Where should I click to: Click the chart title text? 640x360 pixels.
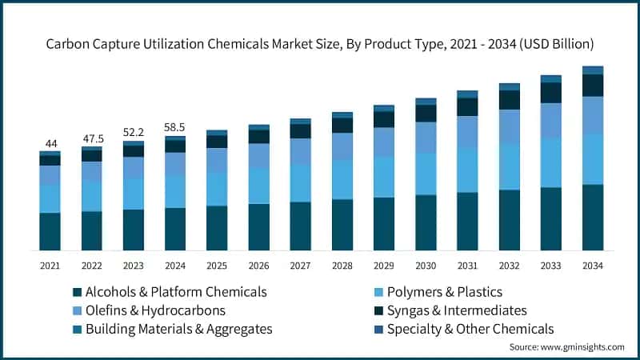[x=320, y=42]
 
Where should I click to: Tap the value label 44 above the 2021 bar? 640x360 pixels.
[x=50, y=142]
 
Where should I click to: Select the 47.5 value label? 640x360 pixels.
[x=91, y=138]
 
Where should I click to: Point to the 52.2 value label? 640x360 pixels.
[x=133, y=132]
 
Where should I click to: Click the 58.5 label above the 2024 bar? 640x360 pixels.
[x=174, y=126]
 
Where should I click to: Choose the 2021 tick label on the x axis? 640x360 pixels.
[x=50, y=266]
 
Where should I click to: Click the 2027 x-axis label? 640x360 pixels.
[x=300, y=266]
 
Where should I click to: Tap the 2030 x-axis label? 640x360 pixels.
[x=426, y=266]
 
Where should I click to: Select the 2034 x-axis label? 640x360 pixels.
[x=592, y=266]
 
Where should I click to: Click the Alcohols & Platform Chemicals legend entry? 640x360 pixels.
[x=168, y=292]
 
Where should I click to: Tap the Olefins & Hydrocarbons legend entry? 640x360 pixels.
[x=148, y=310]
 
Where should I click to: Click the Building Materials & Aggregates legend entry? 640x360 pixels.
[x=171, y=329]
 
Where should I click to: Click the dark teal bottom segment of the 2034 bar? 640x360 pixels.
[x=592, y=218]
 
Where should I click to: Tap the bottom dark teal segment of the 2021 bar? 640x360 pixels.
[x=50, y=232]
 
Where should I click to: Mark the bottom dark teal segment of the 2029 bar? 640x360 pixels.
[x=384, y=224]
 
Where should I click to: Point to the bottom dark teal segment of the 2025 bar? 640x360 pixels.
[x=217, y=229]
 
